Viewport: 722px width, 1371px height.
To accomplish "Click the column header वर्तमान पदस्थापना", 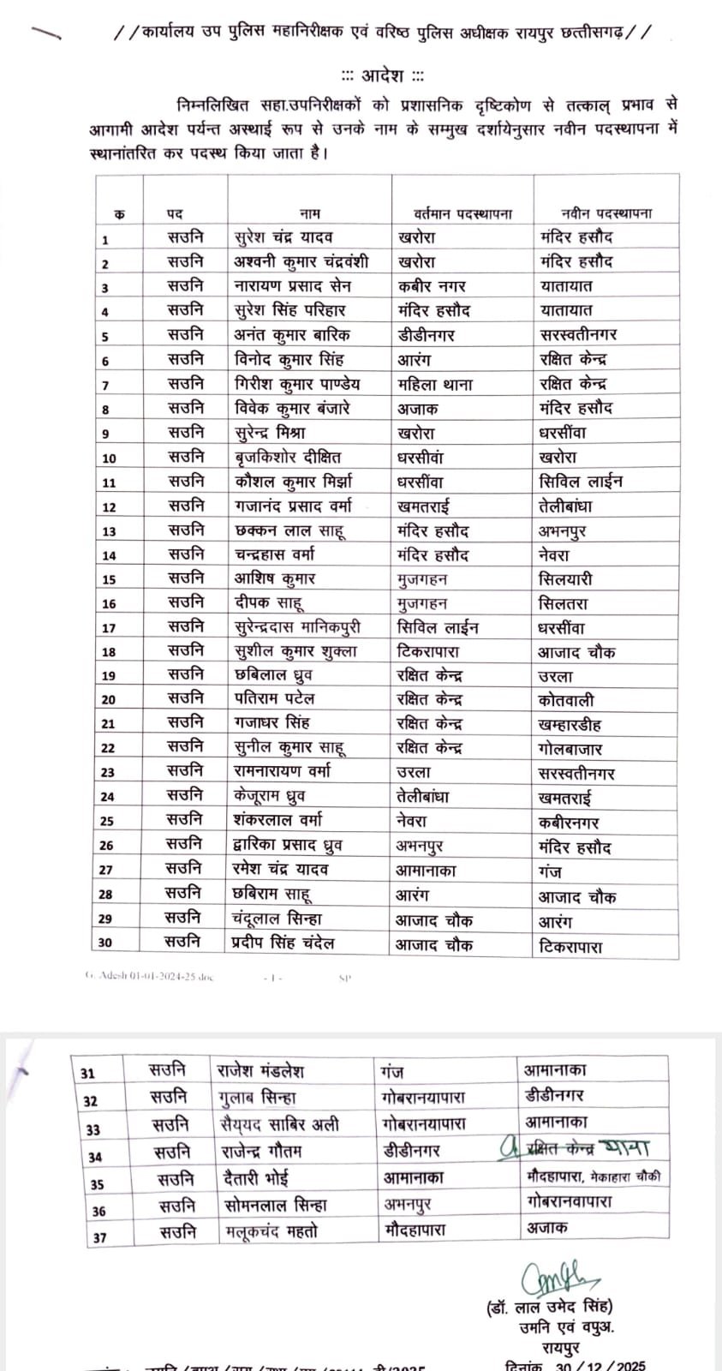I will [x=462, y=213].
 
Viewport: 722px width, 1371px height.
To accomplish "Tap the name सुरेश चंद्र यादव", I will [x=283, y=237].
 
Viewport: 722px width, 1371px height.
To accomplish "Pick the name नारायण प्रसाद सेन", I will [x=292, y=286].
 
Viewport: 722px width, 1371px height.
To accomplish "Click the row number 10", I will [x=109, y=458].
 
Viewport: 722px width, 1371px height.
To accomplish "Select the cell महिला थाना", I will [x=435, y=385].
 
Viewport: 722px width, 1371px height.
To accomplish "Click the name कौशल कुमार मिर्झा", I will [x=293, y=482].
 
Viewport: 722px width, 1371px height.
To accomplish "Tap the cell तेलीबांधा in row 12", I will [x=565, y=506].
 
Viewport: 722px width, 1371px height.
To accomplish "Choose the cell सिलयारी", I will [x=564, y=580].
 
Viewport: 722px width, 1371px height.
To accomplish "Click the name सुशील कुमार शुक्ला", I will [x=295, y=652].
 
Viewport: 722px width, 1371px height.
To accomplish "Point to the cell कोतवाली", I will [x=566, y=701].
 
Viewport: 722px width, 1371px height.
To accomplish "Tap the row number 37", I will [x=99, y=1237].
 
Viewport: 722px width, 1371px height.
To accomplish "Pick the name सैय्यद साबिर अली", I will [x=277, y=1124].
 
